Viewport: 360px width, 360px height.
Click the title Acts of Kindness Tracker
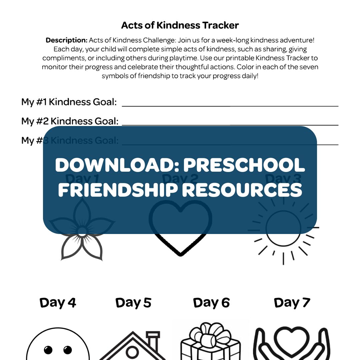tap(180, 25)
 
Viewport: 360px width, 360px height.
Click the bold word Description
tap(66, 40)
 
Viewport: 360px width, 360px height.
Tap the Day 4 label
tap(58, 303)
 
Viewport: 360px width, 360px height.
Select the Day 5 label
tap(133, 303)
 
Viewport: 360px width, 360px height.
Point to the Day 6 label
tap(211, 303)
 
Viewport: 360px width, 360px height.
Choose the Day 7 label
tap(292, 303)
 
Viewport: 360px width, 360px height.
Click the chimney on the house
tap(153, 338)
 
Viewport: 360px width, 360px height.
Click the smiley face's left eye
tap(48, 350)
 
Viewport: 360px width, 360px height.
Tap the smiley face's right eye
tap(67, 350)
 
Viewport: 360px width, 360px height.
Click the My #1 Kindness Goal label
tap(69, 102)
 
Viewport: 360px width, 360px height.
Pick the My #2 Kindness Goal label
tap(70, 121)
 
